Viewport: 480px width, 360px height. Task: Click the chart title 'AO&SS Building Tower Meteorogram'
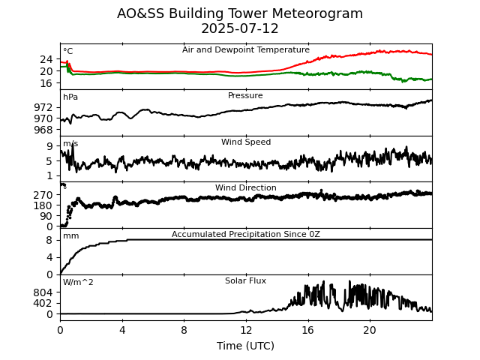240,13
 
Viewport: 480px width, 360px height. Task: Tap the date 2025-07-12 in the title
240,28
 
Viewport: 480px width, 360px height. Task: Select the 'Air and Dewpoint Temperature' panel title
245,49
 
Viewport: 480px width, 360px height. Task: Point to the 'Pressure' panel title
245,96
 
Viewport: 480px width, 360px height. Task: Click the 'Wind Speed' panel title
245,142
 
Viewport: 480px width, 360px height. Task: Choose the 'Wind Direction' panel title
245,187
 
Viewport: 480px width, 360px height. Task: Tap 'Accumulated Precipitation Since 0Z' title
245,234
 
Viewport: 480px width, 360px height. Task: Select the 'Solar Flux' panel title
245,280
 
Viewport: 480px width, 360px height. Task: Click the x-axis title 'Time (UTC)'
245,346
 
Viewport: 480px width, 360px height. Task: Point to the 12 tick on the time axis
246,330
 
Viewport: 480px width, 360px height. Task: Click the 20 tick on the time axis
370,330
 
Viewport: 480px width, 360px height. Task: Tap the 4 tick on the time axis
122,330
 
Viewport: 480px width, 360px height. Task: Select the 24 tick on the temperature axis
46,59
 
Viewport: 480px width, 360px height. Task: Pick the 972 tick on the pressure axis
43,107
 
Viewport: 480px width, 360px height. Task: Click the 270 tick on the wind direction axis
43,195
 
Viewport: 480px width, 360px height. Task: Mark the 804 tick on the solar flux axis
43,292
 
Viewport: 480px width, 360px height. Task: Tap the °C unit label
67,52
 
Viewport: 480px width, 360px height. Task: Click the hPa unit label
70,97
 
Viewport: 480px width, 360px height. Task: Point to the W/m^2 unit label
78,283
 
